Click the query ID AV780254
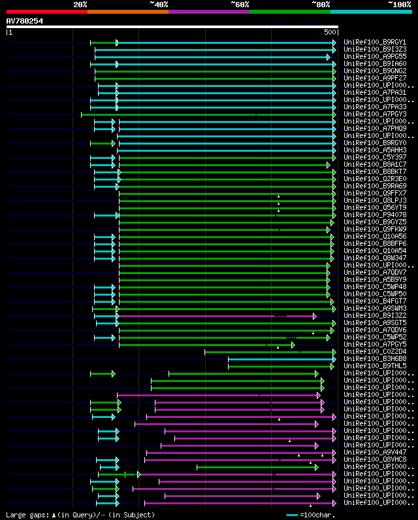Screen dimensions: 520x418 [25, 21]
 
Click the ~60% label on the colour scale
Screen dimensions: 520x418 [240, 5]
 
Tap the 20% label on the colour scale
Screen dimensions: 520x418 [80, 5]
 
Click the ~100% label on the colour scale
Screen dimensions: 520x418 [399, 5]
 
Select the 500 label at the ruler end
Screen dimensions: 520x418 [330, 32]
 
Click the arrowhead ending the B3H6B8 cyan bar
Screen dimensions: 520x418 [334, 358]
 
